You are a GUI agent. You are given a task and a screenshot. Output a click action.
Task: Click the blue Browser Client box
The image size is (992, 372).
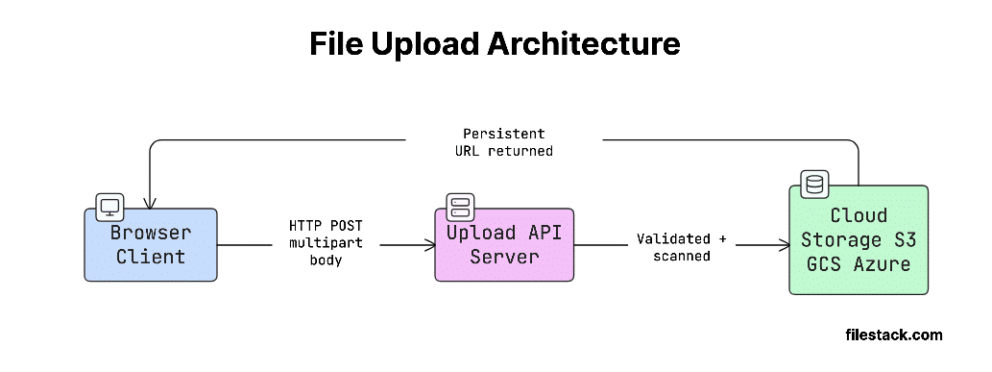[150, 245]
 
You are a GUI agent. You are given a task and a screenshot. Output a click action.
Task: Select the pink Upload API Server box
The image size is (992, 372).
[503, 245]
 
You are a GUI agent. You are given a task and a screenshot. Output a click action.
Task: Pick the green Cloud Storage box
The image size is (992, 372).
[859, 239]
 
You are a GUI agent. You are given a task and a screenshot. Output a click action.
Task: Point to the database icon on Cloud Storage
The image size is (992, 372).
[814, 184]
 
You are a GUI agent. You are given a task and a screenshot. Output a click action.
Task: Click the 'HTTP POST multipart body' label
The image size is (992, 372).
[327, 242]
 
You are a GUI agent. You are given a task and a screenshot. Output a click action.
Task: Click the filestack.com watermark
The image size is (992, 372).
[893, 335]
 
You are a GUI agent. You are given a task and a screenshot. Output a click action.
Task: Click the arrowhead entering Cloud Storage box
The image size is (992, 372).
[784, 245]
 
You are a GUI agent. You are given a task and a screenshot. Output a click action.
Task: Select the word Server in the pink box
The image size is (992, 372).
[504, 258]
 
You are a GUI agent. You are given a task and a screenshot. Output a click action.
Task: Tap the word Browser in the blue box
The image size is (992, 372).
[150, 233]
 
